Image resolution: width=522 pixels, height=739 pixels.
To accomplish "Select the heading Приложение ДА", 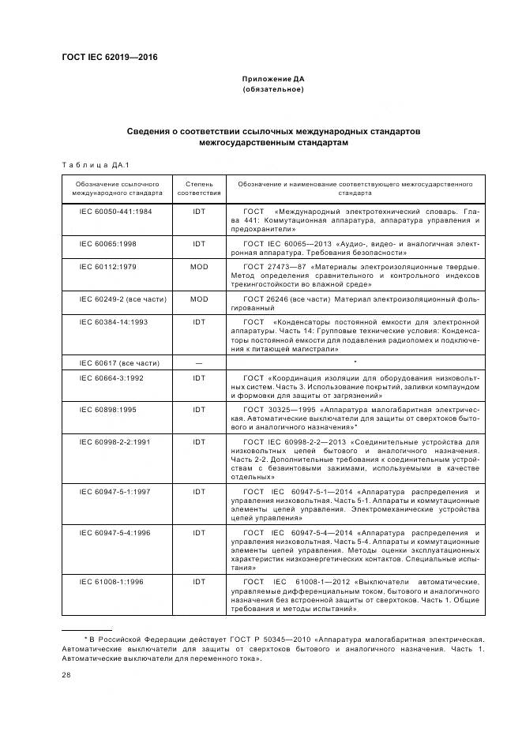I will pyautogui.click(x=273, y=79).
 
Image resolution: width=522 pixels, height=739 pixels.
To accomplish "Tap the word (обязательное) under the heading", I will pyautogui.click(x=273, y=89).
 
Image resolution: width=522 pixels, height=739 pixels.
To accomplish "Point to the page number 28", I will pyautogui.click(x=66, y=674).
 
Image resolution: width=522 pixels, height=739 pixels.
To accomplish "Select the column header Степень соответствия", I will pyautogui.click(x=199, y=187).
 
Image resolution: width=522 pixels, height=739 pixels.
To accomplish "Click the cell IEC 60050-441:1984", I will pyautogui.click(x=116, y=212).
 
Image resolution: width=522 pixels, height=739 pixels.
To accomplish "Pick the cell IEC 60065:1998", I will pyautogui.click(x=108, y=244).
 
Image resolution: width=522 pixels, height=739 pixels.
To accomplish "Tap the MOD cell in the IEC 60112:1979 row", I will pyautogui.click(x=199, y=267).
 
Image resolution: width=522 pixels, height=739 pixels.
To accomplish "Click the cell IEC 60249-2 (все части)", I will pyautogui.click(x=118, y=299).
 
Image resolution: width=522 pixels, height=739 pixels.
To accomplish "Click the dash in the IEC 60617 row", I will pyautogui.click(x=199, y=362).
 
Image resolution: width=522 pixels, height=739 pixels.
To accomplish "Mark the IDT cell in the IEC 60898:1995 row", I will pyautogui.click(x=199, y=409).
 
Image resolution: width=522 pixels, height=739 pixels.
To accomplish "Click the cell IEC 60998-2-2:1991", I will pyautogui.click(x=116, y=441).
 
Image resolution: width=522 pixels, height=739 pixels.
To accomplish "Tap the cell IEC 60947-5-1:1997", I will pyautogui.click(x=116, y=492).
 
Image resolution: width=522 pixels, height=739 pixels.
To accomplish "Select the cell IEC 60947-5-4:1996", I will pyautogui.click(x=116, y=534).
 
